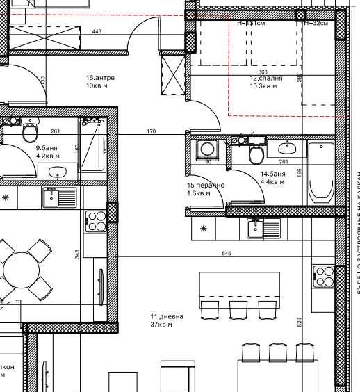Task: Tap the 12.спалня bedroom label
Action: point(266,79)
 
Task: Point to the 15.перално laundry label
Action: point(206,186)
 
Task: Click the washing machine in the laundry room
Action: point(206,149)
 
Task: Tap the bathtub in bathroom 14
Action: point(320,172)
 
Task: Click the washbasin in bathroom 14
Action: point(289,147)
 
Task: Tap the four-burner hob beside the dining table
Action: point(96,220)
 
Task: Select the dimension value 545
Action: point(225,254)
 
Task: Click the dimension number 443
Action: point(96,32)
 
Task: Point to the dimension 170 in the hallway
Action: point(151,131)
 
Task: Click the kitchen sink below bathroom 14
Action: point(262,227)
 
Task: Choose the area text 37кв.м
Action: point(161,325)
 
